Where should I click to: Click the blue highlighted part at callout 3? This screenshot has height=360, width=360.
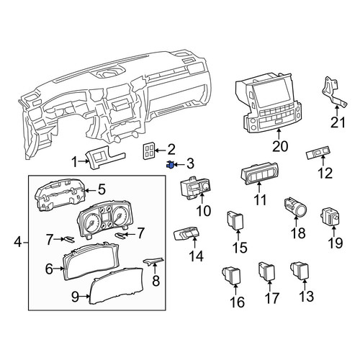[170, 165]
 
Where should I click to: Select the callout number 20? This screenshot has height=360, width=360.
[280, 146]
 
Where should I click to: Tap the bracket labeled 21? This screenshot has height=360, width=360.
[334, 93]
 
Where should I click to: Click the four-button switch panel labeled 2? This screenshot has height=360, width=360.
[149, 151]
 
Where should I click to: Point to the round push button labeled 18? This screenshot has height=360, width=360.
[295, 206]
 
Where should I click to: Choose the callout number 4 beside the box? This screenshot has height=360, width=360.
[17, 242]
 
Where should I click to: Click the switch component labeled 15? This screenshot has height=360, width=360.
[235, 220]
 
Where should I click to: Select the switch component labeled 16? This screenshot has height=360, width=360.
[232, 275]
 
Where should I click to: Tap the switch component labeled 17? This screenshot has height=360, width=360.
[266, 271]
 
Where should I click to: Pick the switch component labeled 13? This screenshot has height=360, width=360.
[299, 271]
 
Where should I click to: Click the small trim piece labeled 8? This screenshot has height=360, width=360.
[154, 261]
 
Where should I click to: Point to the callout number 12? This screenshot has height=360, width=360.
[325, 173]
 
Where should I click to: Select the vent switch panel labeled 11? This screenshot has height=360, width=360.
[259, 174]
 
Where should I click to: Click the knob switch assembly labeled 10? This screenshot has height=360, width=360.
[196, 188]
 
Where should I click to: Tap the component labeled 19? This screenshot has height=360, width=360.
[330, 217]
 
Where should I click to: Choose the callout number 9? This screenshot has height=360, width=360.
[75, 297]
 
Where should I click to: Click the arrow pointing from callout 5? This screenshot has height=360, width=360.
[91, 191]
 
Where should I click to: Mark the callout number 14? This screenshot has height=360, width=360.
[196, 256]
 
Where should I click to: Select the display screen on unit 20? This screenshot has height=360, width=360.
[271, 91]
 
